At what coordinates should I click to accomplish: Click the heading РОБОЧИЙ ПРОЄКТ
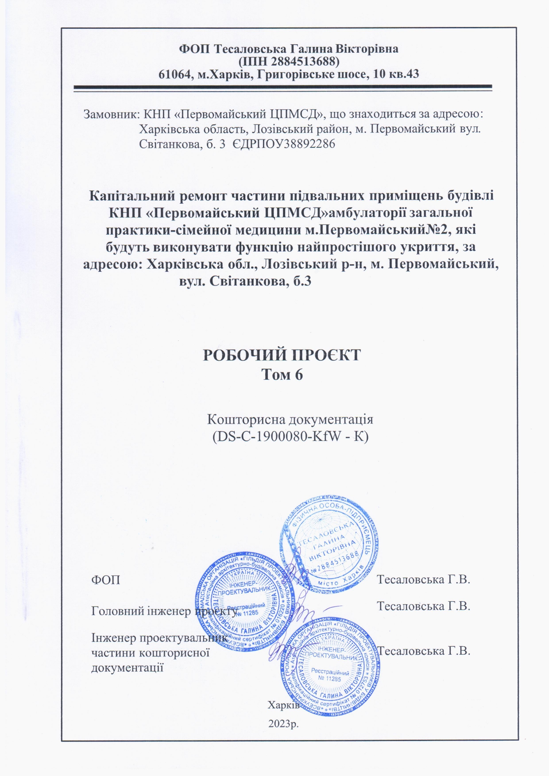coord(282,355)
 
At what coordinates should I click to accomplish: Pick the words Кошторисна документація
coord(290,419)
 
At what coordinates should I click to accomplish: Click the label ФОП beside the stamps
coord(105,580)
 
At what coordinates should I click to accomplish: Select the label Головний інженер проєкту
coord(164,611)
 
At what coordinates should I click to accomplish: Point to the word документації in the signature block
coord(128,668)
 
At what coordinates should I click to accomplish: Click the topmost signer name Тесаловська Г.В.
coord(423,579)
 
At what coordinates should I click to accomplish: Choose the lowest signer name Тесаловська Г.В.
coord(424,651)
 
